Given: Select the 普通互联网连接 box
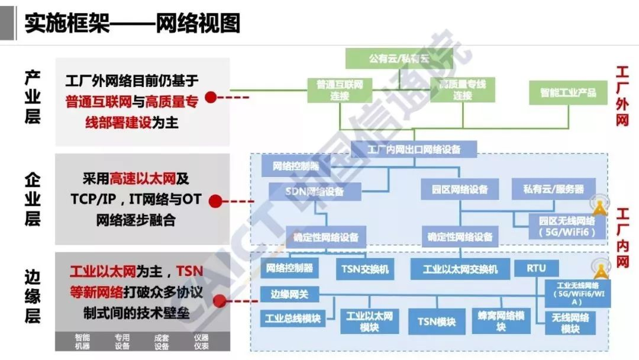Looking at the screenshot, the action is pos(340,89).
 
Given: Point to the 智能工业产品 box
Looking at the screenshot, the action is pos(567,93).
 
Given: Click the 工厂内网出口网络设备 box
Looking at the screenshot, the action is pos(414,149).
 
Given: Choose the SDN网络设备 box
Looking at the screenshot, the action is pos(315,192).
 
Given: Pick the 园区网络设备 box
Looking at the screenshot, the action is pos(455,189).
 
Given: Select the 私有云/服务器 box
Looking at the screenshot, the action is pos(553,189).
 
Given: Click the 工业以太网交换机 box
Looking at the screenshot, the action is pos(460,269).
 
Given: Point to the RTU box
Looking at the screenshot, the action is pos(536,268).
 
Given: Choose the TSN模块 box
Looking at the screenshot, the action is pos(437,322).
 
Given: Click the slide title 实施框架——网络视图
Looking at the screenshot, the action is pos(133,24).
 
